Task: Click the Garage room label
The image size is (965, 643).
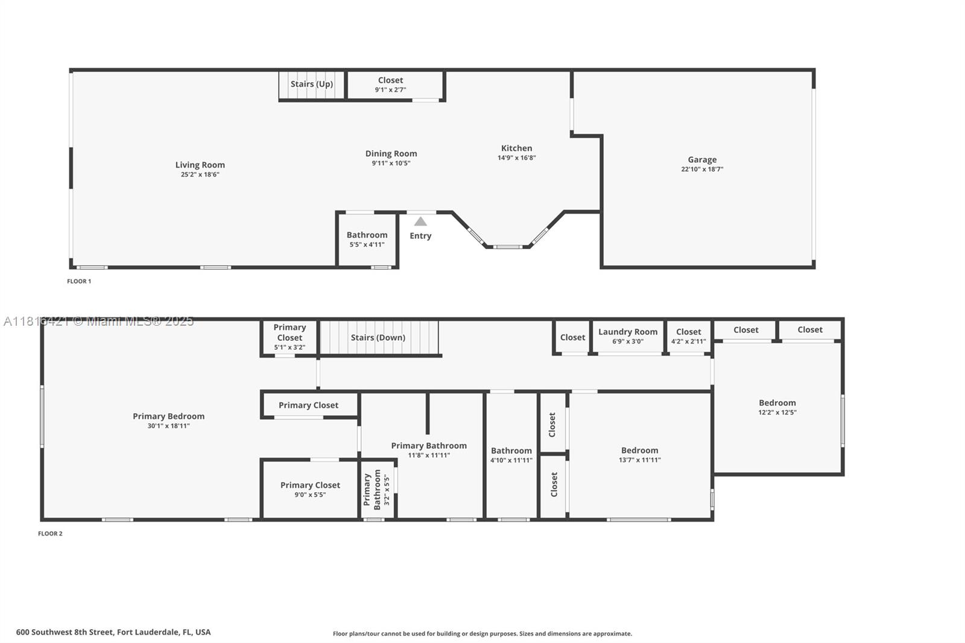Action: point(702,160)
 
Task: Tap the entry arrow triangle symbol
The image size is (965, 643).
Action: point(420,221)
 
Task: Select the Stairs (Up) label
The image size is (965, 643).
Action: point(311,84)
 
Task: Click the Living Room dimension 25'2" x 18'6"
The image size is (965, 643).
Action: point(200,175)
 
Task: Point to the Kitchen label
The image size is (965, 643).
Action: point(516,148)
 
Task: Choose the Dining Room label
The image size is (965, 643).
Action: point(391,154)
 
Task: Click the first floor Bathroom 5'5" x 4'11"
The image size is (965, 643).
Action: point(367,239)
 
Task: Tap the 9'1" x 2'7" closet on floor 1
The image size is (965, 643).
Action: point(390,84)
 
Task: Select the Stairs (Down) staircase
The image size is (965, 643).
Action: point(378,338)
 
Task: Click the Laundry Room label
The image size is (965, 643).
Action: point(628,332)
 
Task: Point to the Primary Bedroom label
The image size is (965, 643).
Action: point(168,416)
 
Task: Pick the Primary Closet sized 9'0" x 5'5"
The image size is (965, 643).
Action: point(310,489)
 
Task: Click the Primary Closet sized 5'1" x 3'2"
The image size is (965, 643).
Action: point(289,337)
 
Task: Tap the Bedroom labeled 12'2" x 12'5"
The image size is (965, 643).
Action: point(777,407)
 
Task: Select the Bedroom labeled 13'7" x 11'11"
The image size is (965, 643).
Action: point(639,455)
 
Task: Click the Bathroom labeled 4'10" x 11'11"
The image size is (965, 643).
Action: point(511,455)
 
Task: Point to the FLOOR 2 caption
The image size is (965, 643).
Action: point(50,534)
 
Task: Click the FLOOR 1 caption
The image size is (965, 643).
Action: point(79,281)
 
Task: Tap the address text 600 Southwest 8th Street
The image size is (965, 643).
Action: point(113,632)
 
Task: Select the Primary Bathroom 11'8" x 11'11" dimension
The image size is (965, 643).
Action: point(429,455)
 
